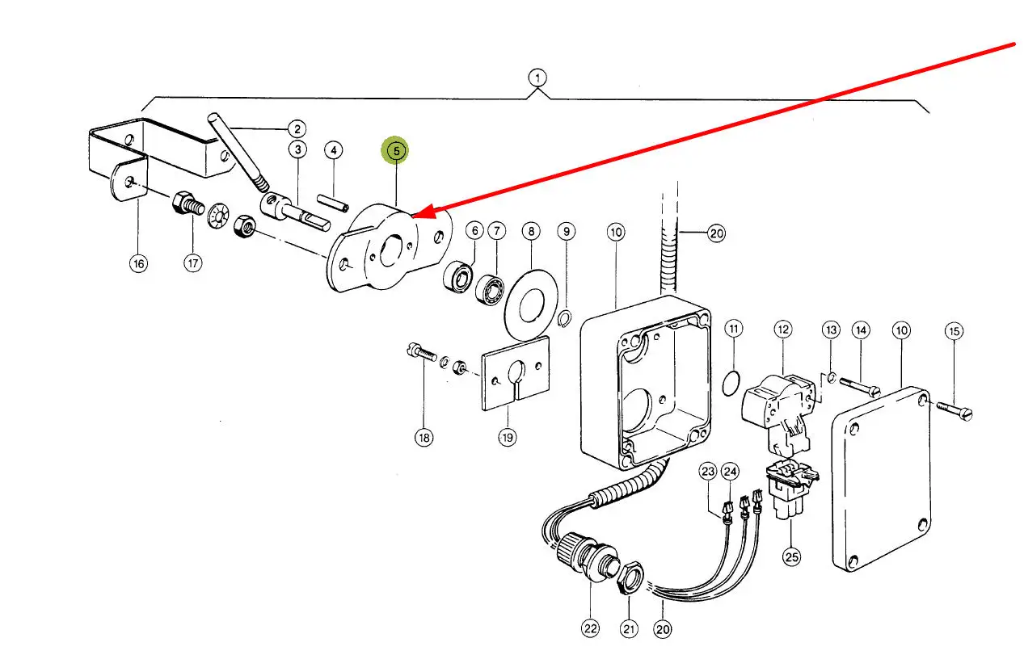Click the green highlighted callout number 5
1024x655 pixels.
pyautogui.click(x=396, y=150)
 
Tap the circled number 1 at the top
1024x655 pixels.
pyautogui.click(x=537, y=78)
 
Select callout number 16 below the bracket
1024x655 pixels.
pyautogui.click(x=140, y=263)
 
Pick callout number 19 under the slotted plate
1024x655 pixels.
pyautogui.click(x=506, y=437)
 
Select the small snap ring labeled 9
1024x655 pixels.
pyautogui.click(x=567, y=316)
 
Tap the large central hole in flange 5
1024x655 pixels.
pyautogui.click(x=390, y=249)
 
